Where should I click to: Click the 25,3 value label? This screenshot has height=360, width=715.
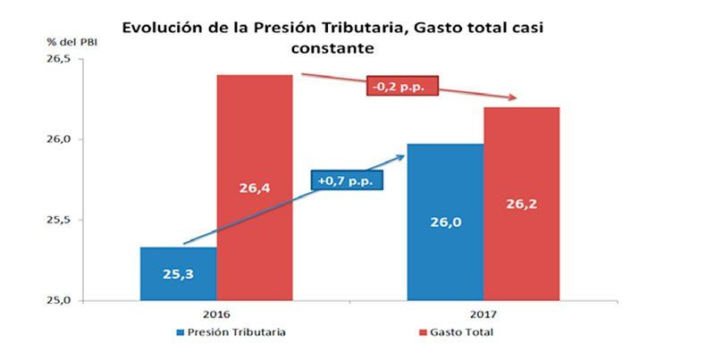pyautogui.click(x=178, y=275)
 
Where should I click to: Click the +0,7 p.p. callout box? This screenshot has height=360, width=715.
pyautogui.click(x=347, y=180)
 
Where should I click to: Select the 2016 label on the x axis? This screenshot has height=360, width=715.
pyautogui.click(x=216, y=315)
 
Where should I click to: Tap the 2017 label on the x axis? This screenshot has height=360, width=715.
pyautogui.click(x=484, y=315)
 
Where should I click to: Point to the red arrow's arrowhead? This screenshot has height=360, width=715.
pyautogui.click(x=516, y=97)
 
